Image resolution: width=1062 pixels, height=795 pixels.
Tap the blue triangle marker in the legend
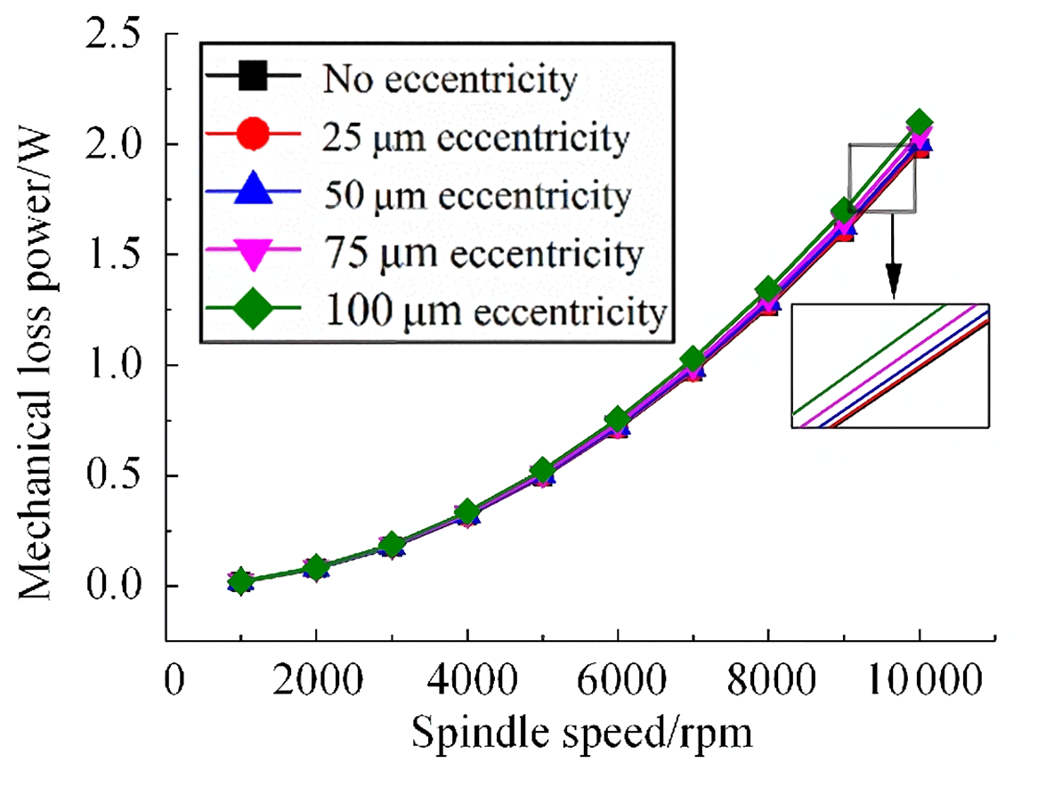click(x=253, y=195)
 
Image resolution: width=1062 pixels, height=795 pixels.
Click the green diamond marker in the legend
click(x=253, y=311)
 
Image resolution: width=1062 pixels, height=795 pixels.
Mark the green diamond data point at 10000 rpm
click(x=920, y=123)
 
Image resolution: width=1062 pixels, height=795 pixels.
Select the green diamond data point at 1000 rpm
click(x=239, y=582)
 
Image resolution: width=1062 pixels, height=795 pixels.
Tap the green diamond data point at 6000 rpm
click(x=618, y=419)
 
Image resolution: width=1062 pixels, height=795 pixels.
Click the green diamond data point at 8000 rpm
click(x=769, y=290)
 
